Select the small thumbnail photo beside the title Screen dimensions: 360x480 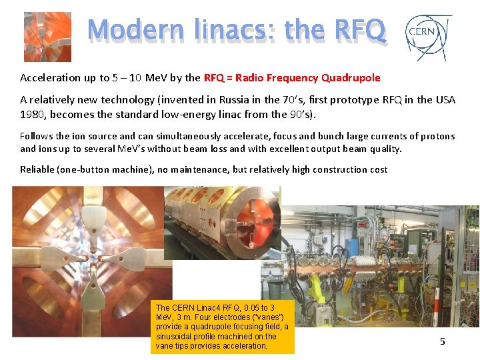pyautogui.click(x=47, y=37)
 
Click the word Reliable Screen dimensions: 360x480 pyautogui.click(x=39, y=170)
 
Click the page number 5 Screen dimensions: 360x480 pyautogui.click(x=442, y=341)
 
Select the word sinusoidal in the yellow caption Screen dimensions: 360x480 pyautogui.click(x=174, y=337)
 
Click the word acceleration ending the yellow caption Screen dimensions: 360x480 pyautogui.click(x=246, y=346)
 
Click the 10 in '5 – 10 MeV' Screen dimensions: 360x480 pyautogui.click(x=134, y=78)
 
